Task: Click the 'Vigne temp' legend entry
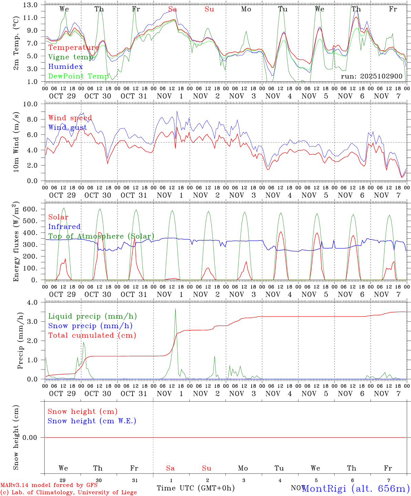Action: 70,57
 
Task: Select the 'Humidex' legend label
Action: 65,66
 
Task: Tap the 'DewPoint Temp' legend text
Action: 78,76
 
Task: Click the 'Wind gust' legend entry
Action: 67,127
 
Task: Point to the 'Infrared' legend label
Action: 64,227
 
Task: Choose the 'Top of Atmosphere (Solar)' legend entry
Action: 101,236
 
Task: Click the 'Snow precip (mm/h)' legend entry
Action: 90,326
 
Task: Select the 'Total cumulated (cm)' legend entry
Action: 92,335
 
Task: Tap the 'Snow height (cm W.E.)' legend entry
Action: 92,421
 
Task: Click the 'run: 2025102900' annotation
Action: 371,76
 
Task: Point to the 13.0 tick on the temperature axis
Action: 31,5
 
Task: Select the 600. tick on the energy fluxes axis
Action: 29,209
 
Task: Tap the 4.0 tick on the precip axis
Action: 34,302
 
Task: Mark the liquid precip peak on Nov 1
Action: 175,309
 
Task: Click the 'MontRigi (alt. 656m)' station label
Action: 356,488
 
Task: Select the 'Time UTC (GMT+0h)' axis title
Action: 196,488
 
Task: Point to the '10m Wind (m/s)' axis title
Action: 16,142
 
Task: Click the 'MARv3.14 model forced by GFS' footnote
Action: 49,485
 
